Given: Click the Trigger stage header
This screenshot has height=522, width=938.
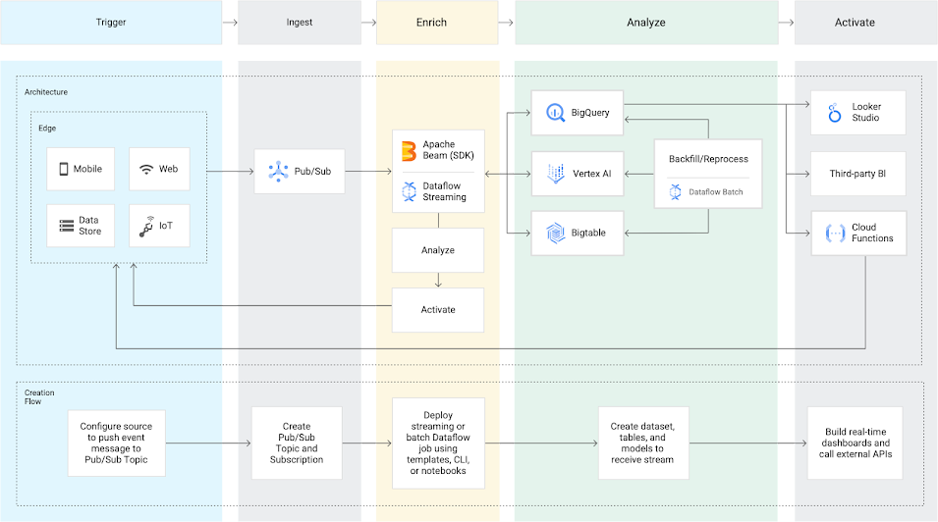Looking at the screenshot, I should point(111,23).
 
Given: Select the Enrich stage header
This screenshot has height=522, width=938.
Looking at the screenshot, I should point(436,23).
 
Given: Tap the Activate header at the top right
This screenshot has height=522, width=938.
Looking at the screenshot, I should point(855,23).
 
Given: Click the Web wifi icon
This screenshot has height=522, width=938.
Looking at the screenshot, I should point(146,169).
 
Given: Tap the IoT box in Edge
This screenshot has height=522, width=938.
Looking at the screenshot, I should point(163,226).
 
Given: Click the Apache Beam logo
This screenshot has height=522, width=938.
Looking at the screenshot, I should point(409,150).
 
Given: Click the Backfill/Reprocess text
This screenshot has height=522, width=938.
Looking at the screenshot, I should point(708,159).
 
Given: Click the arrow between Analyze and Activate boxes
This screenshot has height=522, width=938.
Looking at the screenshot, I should point(438,280).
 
